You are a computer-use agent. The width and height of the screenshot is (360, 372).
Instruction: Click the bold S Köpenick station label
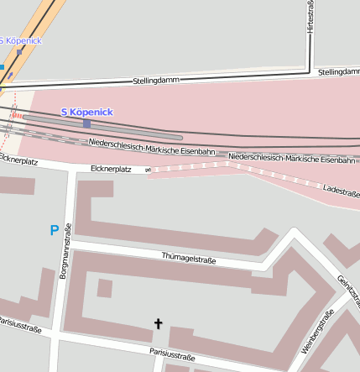pos(87,112)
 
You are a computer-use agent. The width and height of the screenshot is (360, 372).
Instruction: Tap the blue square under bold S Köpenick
pos(86,123)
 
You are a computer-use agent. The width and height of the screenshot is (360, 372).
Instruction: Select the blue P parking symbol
pos(55,230)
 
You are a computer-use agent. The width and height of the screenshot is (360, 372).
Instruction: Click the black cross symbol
pos(158,323)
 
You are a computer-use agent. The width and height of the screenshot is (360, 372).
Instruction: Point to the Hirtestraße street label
pos(310,17)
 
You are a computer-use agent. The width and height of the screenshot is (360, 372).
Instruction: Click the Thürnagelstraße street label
pos(188,259)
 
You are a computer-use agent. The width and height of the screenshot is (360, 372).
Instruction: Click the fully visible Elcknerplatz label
pos(111,170)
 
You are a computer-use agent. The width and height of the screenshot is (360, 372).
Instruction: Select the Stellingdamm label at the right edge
pos(338,72)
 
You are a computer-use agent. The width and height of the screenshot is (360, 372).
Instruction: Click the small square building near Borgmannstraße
pos(104,288)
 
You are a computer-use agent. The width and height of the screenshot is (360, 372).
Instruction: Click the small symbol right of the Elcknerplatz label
pos(148,170)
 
